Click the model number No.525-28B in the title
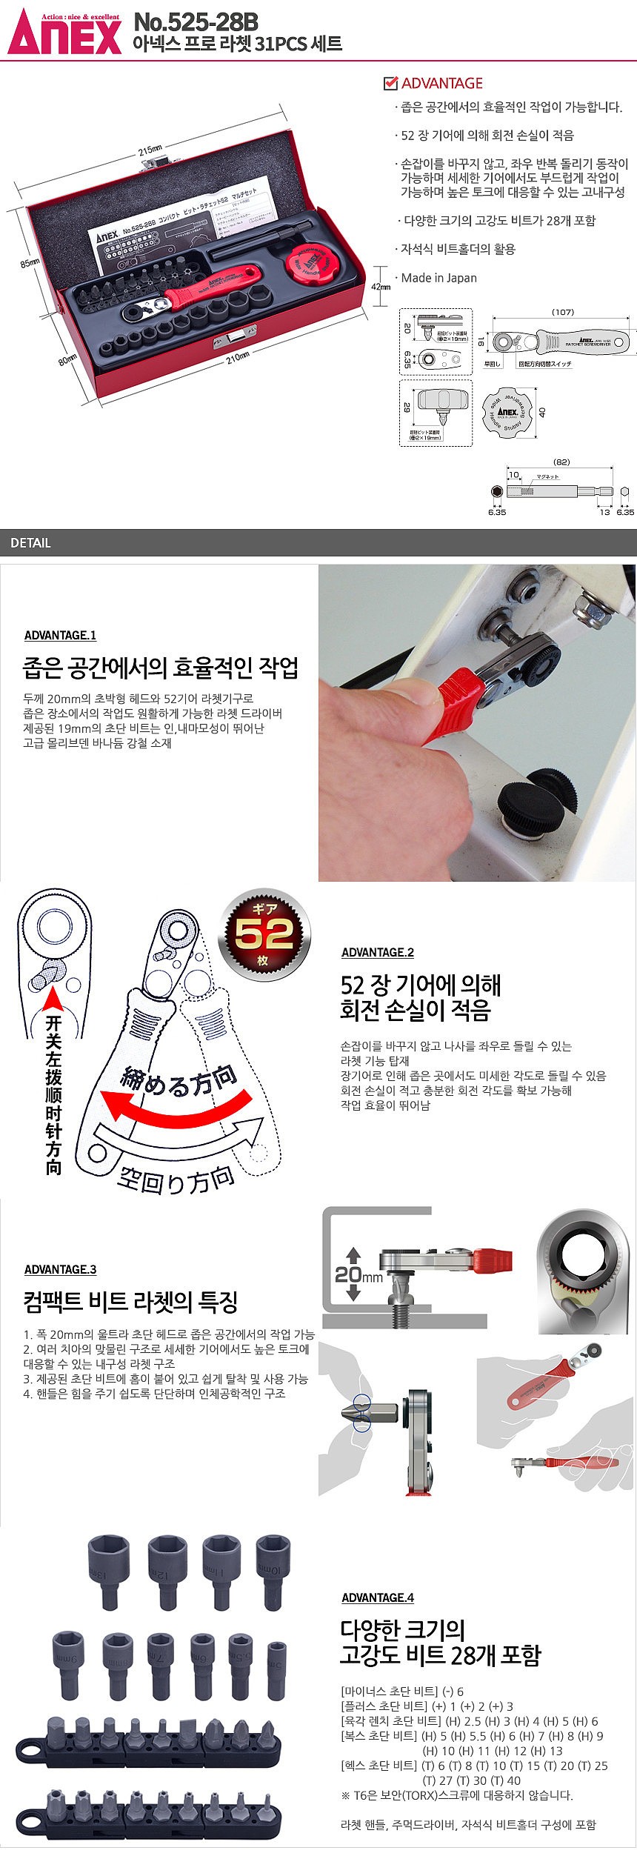[196, 23]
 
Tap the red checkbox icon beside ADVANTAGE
[390, 83]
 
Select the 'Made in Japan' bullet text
[438, 278]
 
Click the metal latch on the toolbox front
[232, 339]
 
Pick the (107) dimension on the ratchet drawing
[562, 312]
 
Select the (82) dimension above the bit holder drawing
[561, 462]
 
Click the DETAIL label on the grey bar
[30, 543]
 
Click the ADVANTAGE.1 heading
[60, 635]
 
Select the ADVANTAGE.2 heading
[378, 952]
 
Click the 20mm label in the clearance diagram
[359, 1274]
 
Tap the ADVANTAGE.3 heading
[60, 1269]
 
